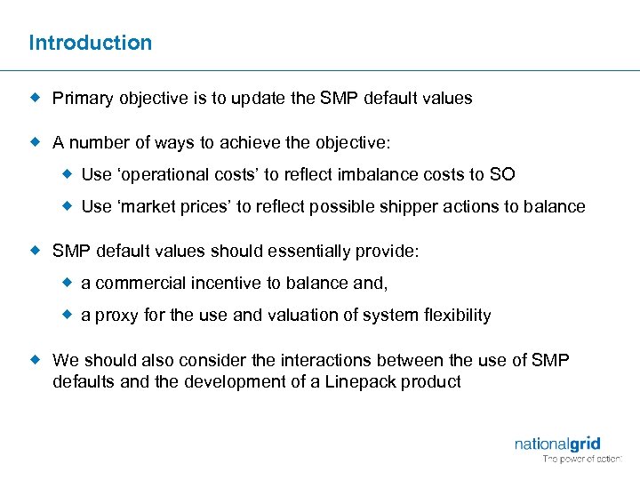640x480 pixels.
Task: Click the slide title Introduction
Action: pyautogui.click(x=90, y=43)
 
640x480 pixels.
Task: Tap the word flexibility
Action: pyautogui.click(x=458, y=316)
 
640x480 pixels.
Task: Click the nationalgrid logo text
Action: pyautogui.click(x=556, y=444)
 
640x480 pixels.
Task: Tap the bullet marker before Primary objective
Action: pyautogui.click(x=36, y=98)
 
